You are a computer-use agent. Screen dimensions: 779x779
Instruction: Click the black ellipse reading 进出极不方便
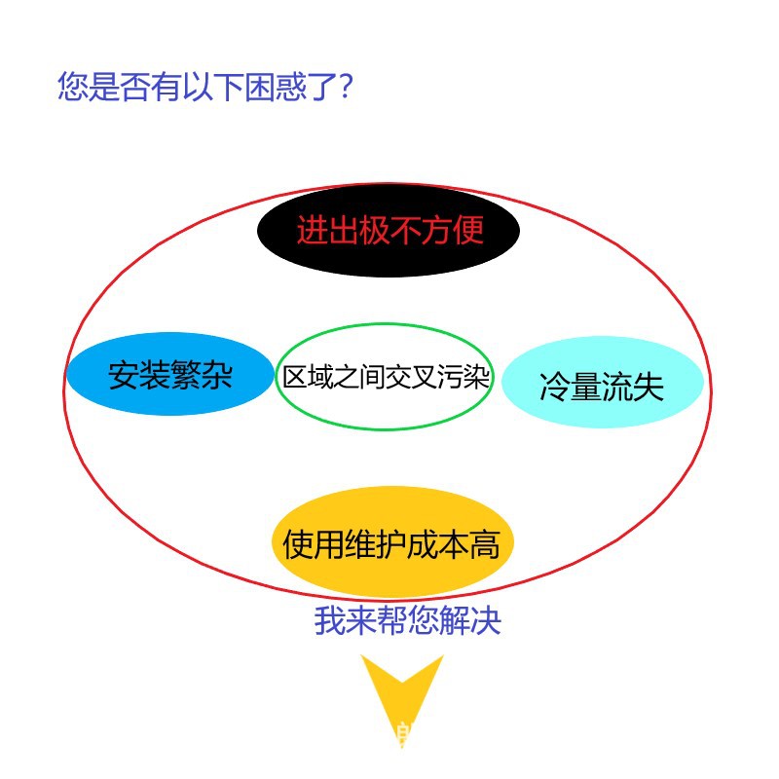[x=389, y=231]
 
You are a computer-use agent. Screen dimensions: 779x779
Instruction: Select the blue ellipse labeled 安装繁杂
[x=170, y=375]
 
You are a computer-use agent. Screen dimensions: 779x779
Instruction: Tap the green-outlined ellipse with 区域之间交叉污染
[x=386, y=377]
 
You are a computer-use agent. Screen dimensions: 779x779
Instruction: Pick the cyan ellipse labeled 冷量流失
[x=602, y=386]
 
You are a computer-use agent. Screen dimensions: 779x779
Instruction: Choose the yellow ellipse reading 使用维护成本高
[x=391, y=543]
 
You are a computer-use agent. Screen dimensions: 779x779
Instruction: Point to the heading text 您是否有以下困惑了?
[x=204, y=87]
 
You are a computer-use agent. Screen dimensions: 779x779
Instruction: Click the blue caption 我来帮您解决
[x=407, y=620]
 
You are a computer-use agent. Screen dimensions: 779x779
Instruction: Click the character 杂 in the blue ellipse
[x=217, y=376]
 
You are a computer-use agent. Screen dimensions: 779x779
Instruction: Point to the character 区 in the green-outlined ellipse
[x=295, y=377]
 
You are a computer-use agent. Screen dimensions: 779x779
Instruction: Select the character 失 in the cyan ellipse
[x=649, y=387]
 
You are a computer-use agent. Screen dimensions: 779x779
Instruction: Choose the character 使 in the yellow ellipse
[x=298, y=544]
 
